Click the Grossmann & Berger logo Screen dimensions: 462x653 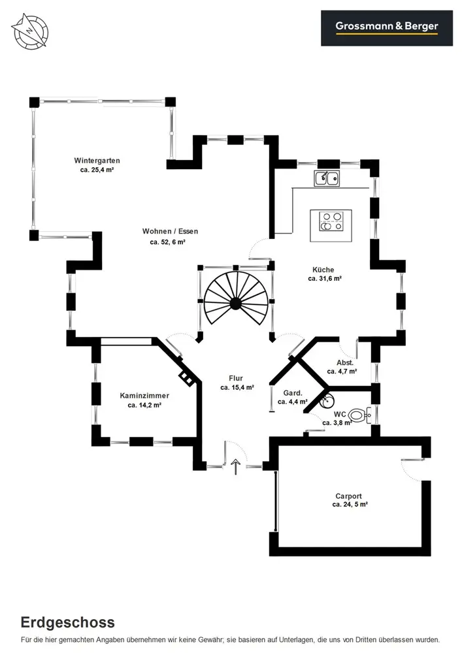(x=386, y=27)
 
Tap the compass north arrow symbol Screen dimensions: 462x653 (x=30, y=30)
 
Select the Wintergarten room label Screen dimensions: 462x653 (x=97, y=161)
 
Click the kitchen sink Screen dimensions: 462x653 (x=327, y=178)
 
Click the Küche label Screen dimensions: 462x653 (x=323, y=270)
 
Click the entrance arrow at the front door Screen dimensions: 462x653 (x=236, y=465)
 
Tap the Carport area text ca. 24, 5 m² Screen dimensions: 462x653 (x=350, y=504)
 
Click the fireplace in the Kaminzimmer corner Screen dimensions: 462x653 (x=187, y=377)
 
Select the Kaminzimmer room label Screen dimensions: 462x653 (x=144, y=396)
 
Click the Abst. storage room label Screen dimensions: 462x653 (x=345, y=362)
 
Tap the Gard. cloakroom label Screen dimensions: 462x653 (x=292, y=393)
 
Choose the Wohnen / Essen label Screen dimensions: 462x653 (x=170, y=231)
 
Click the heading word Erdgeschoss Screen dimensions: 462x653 (x=67, y=622)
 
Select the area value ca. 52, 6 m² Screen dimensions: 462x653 (x=167, y=242)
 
